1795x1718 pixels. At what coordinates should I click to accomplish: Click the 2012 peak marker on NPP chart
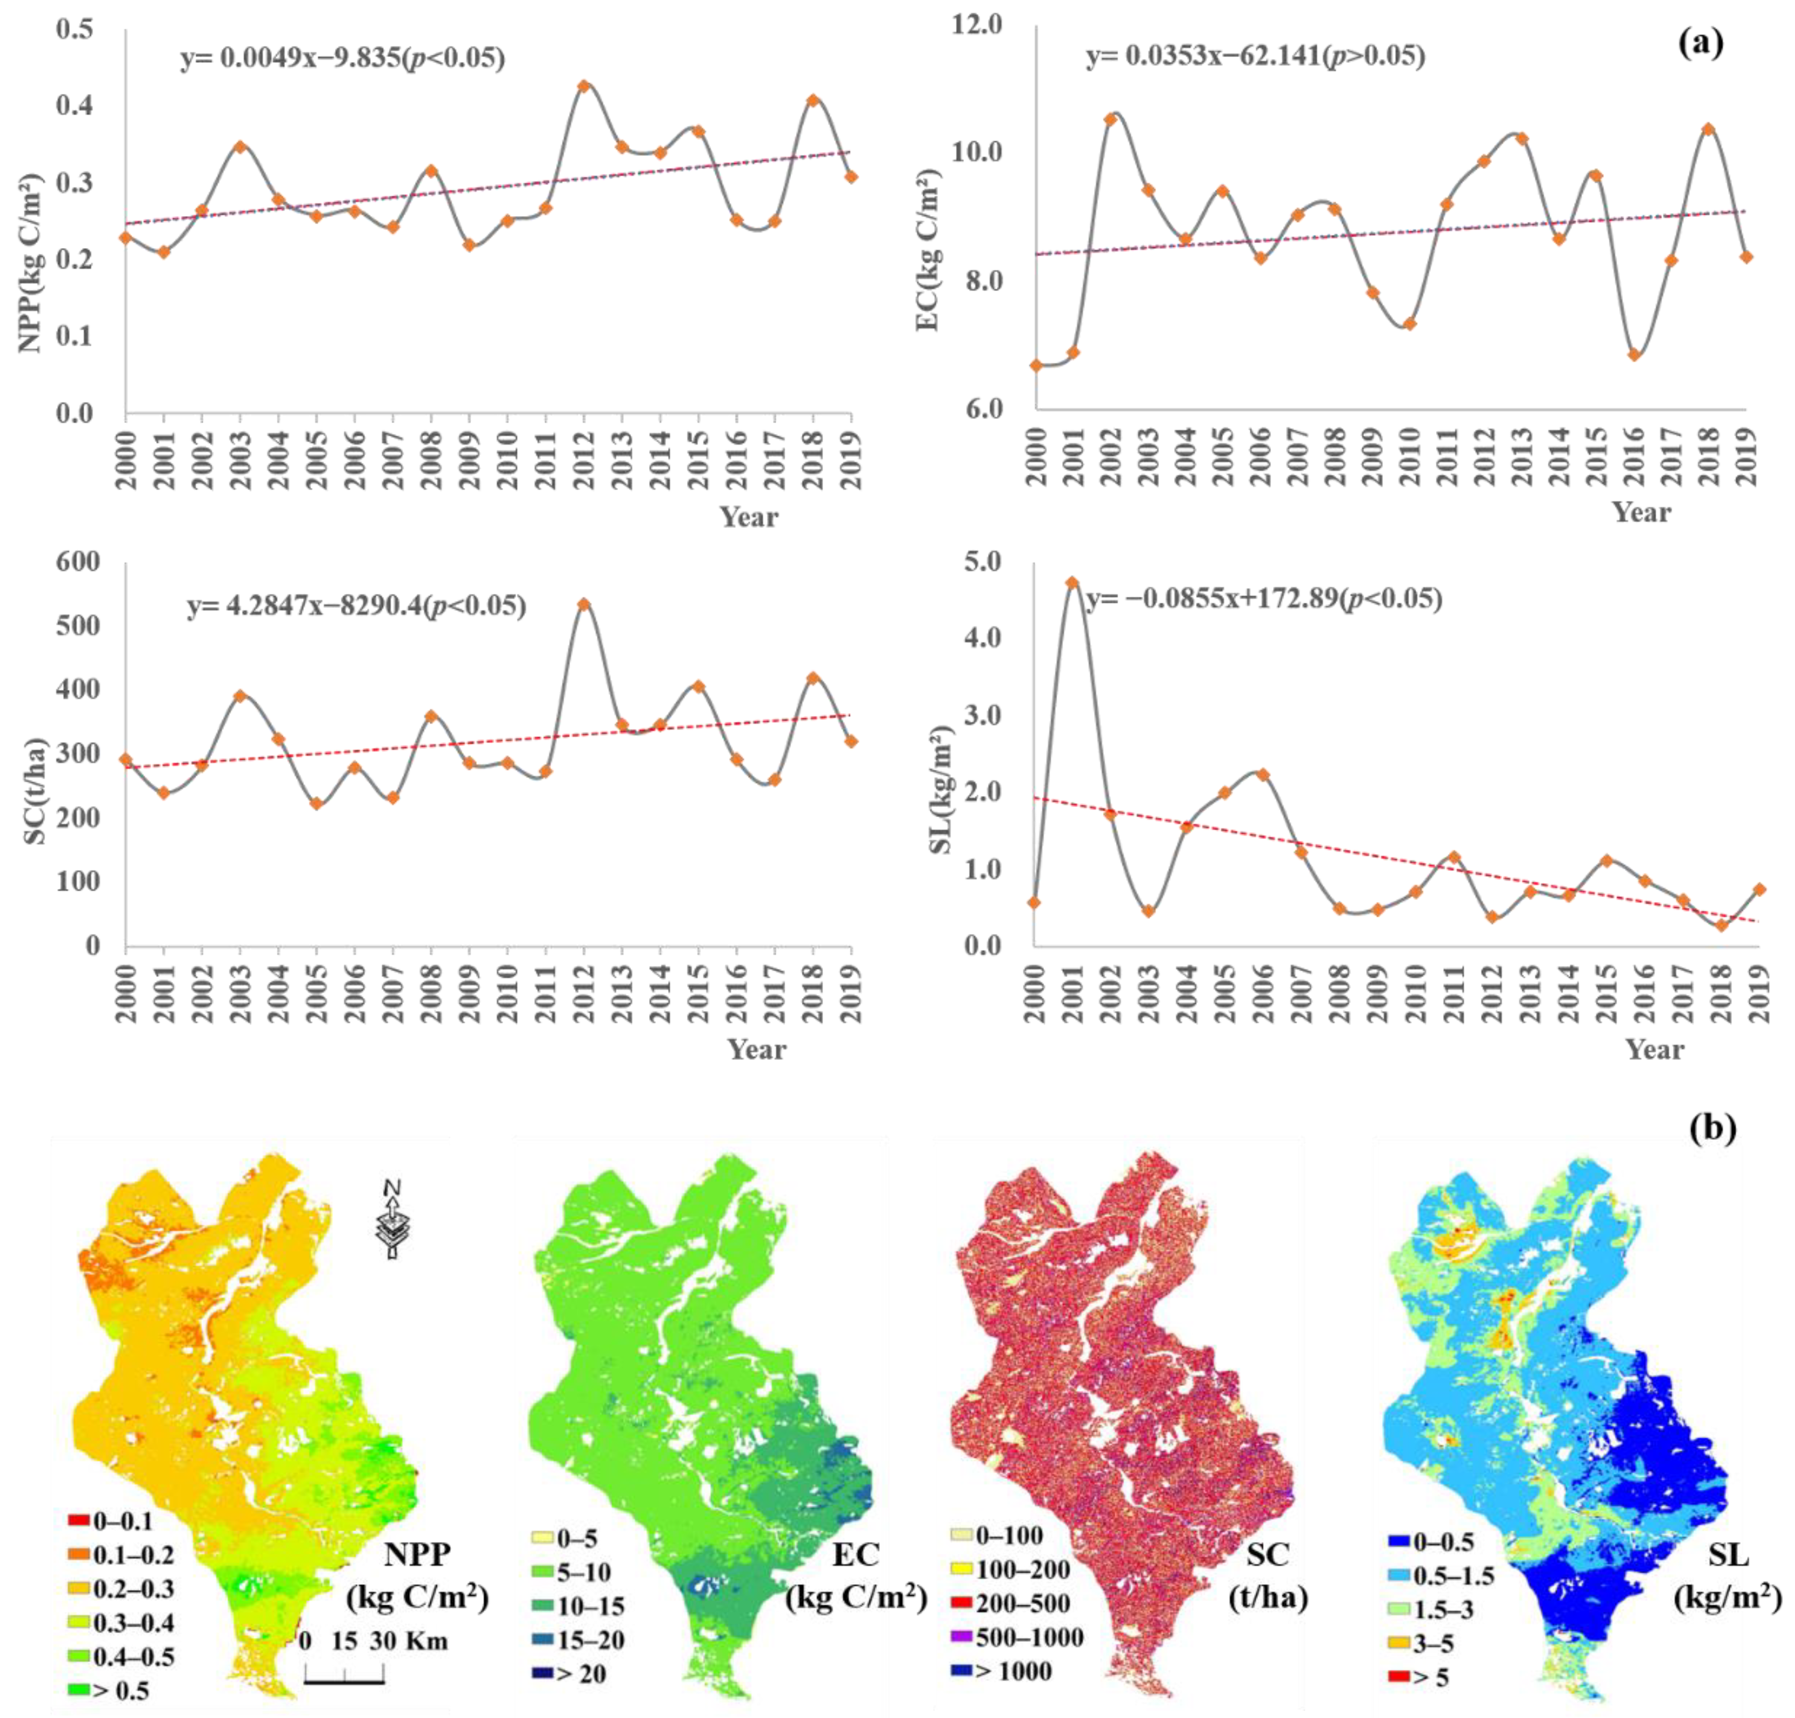[584, 85]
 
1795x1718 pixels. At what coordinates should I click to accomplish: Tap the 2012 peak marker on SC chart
[584, 604]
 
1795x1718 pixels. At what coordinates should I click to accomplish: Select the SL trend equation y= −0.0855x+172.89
[1264, 600]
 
